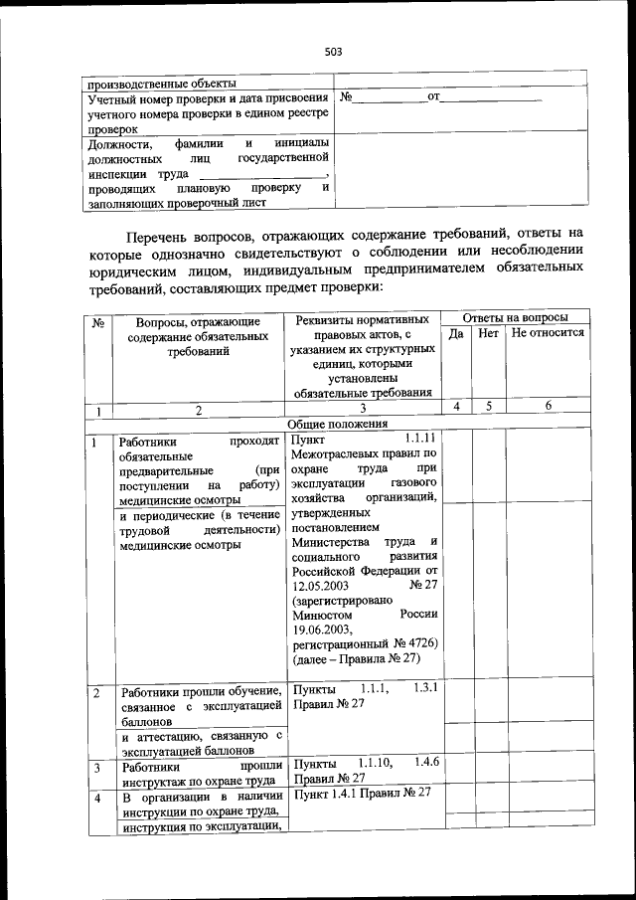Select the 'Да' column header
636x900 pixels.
click(x=456, y=334)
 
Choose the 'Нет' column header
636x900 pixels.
click(x=488, y=334)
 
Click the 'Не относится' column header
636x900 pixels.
click(x=548, y=334)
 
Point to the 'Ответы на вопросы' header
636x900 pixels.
click(x=515, y=317)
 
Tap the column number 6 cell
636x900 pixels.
click(x=548, y=407)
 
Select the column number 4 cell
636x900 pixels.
click(x=456, y=407)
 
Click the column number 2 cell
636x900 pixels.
click(x=198, y=410)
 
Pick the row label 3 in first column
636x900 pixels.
click(x=96, y=768)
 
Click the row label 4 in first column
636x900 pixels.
click(x=96, y=799)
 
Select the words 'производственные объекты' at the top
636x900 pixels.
click(x=161, y=83)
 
